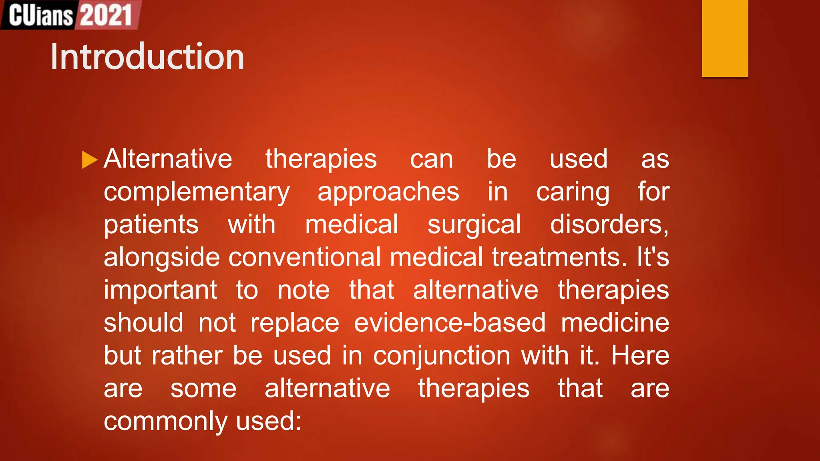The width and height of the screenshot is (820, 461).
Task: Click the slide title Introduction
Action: coord(147,57)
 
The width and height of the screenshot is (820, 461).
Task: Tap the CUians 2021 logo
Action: coord(70,15)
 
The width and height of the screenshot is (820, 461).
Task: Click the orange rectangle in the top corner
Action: coord(725,38)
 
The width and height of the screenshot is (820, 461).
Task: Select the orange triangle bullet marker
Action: coord(89,160)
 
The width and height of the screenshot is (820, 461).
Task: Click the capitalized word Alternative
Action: coord(168,159)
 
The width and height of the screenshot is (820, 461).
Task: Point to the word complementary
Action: coord(197,192)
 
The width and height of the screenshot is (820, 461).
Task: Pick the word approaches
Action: coord(388,192)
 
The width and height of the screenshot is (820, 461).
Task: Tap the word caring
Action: coord(573,192)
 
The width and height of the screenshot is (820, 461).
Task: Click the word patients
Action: coord(151,224)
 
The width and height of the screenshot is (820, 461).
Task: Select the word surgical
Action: coord(474,224)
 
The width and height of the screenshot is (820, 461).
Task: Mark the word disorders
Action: coord(609,224)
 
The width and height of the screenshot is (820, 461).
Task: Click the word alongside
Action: coord(162,257)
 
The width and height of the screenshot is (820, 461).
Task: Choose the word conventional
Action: coord(304,257)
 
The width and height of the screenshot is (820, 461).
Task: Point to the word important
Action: coord(161,290)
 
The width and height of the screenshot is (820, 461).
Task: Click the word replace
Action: coord(295,323)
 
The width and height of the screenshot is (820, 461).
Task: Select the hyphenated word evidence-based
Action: coord(450,323)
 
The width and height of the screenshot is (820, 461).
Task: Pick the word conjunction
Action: coord(442,356)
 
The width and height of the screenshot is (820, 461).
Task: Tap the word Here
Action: coord(640,356)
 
